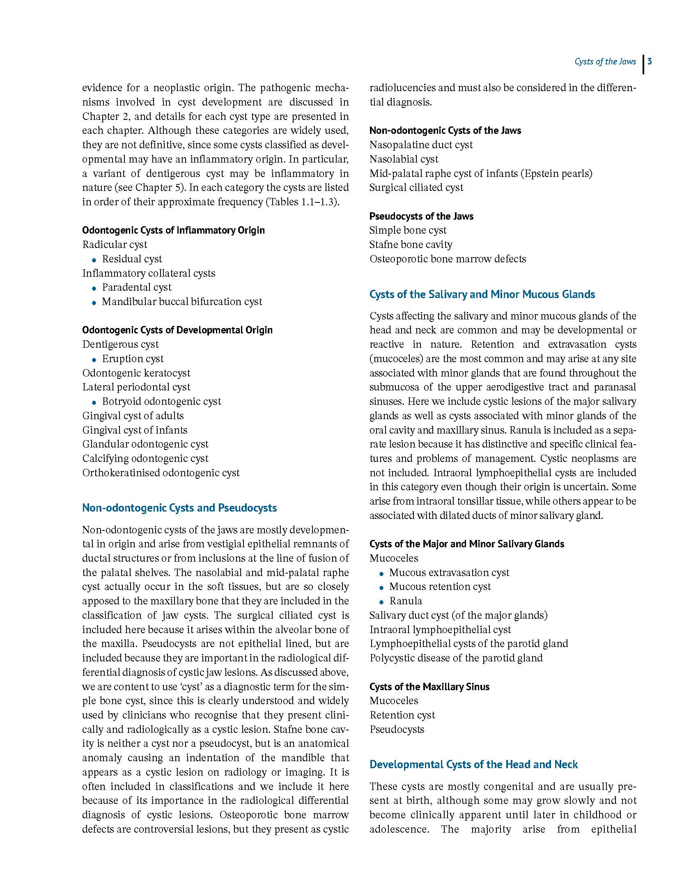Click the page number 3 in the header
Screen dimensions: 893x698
650,62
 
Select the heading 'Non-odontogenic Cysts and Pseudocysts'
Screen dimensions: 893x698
179,508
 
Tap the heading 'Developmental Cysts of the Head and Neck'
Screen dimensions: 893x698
473,764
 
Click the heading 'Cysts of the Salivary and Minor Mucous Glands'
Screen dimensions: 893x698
482,294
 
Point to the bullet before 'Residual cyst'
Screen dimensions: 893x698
94,260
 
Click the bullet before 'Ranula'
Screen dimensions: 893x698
382,602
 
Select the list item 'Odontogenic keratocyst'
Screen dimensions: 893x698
136,373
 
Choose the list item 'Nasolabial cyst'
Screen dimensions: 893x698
404,159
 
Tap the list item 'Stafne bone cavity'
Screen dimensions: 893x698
411,245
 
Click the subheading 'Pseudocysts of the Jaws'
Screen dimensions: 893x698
421,216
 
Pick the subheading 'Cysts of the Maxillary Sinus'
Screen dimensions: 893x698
429,687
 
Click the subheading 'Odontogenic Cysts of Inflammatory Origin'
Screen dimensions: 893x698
173,230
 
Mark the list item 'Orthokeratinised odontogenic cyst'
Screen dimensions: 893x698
161,473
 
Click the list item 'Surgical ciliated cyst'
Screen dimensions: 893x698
416,188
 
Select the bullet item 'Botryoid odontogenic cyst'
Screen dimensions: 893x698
161,401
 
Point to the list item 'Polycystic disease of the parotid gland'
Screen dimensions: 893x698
456,658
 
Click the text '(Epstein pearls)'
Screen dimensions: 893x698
556,173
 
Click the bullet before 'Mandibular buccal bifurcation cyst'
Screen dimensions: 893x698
94,303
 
